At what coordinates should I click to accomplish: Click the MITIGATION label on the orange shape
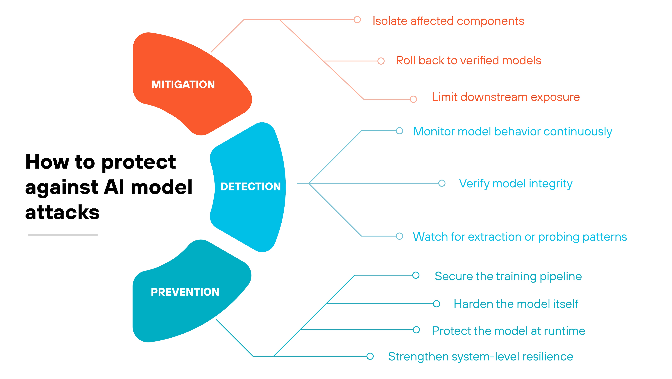(x=183, y=85)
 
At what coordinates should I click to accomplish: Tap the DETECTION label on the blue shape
(x=250, y=187)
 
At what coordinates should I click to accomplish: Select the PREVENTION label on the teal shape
(x=185, y=292)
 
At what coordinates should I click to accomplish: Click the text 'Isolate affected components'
(x=448, y=21)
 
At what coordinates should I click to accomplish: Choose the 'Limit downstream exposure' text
(x=506, y=97)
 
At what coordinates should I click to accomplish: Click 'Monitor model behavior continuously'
(x=512, y=131)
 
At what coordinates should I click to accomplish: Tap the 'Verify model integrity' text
(x=515, y=184)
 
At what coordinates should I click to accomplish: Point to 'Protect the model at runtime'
(x=508, y=331)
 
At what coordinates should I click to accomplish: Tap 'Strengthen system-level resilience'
(x=480, y=357)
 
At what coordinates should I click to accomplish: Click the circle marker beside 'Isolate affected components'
(x=357, y=20)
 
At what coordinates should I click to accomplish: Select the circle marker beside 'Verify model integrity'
(x=442, y=183)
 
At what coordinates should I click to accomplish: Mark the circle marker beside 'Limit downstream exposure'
(x=413, y=99)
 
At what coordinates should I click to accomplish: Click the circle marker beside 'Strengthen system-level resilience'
(x=370, y=356)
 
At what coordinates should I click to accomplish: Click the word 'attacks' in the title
(x=62, y=212)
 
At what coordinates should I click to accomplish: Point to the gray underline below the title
(x=63, y=235)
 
